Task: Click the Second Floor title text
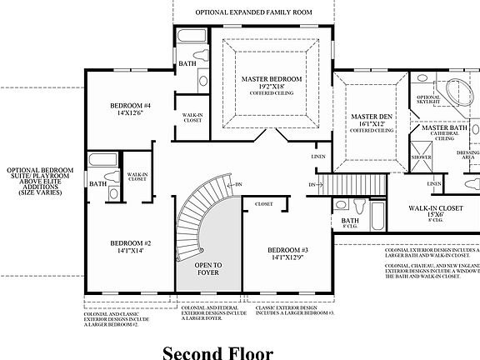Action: tap(217, 352)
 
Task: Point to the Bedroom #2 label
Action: tap(131, 244)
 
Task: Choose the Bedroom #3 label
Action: tap(288, 250)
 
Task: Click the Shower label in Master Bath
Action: tap(422, 157)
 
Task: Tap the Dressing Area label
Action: tap(467, 155)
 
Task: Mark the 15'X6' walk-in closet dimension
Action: tap(437, 215)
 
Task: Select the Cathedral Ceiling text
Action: tap(445, 135)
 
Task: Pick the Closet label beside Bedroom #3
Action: tap(264, 202)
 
